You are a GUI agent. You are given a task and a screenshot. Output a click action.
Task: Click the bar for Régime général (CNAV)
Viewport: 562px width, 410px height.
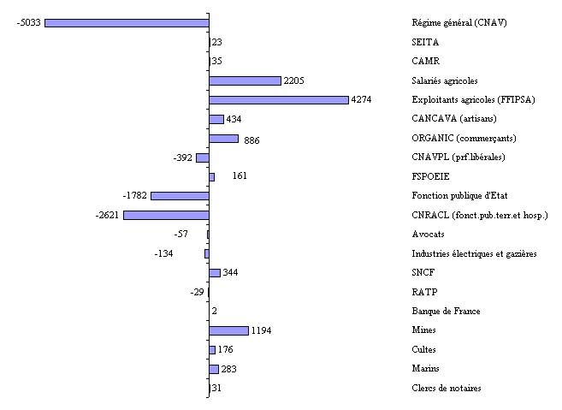[x=127, y=23]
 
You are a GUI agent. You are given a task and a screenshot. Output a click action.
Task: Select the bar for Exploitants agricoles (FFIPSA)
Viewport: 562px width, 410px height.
[x=278, y=100]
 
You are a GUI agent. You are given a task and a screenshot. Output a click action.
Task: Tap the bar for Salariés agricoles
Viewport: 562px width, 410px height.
[x=245, y=80]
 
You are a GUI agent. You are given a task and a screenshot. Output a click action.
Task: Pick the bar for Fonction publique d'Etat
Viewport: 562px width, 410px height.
[x=180, y=196]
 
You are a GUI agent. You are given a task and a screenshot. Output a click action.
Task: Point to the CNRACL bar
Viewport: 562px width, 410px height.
[x=166, y=215]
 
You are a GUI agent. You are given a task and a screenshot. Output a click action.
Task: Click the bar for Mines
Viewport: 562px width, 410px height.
[x=228, y=330]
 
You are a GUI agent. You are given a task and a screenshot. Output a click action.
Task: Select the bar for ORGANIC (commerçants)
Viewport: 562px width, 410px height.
[x=223, y=139]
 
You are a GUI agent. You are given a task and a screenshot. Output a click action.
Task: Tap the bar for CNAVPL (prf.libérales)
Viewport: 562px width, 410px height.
[x=203, y=157]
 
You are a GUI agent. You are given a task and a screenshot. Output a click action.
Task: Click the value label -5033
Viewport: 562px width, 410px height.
[x=28, y=23]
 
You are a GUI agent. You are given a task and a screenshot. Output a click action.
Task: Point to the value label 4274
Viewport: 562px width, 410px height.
[x=361, y=100]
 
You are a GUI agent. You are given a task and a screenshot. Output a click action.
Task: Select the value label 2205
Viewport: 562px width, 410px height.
[x=294, y=80]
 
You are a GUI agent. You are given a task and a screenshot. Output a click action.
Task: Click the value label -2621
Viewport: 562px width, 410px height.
[x=107, y=215]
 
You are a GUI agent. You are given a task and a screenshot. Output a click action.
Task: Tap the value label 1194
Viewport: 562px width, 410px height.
[x=262, y=330]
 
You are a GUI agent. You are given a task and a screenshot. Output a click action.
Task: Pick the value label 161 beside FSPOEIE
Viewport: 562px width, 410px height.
[x=240, y=176]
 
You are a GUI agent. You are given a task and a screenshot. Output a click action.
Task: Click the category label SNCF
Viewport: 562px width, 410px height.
[x=423, y=272]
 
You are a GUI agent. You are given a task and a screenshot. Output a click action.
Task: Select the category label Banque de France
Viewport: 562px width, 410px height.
[x=446, y=311]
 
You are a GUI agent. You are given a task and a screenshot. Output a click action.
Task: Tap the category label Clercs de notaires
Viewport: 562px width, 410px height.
[x=447, y=389]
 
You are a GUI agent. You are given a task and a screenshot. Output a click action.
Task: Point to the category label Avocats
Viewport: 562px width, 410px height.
[x=427, y=234]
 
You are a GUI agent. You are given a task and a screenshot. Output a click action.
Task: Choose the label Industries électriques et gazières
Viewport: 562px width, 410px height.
[x=474, y=253]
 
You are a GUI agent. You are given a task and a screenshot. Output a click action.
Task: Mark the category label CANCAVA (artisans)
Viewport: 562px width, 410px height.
[x=454, y=119]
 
